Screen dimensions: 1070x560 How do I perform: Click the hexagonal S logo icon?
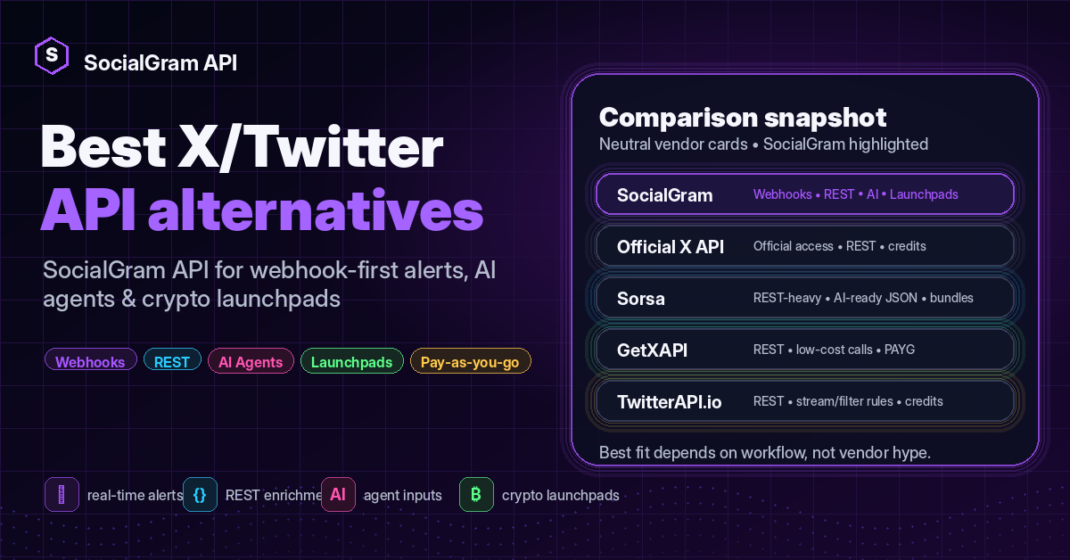pyautogui.click(x=52, y=55)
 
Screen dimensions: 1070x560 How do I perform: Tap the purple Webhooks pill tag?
pyautogui.click(x=91, y=360)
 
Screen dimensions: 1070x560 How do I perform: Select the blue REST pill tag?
pyautogui.click(x=172, y=360)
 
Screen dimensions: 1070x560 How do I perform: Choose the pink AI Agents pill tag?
pyautogui.click(x=251, y=360)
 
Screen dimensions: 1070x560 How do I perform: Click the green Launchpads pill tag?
pyautogui.click(x=352, y=360)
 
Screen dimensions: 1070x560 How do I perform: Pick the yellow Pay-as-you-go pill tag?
pyautogui.click(x=471, y=360)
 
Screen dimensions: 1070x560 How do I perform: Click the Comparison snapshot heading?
pyautogui.click(x=743, y=118)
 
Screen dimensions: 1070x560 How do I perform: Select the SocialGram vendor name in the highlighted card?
pyautogui.click(x=665, y=195)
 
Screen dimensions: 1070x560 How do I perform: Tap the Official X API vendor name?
pyautogui.click(x=671, y=246)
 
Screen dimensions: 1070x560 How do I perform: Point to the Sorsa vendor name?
pyautogui.click(x=641, y=299)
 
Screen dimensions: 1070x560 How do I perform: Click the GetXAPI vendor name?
pyautogui.click(x=653, y=350)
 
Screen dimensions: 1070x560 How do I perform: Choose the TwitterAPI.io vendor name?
pyautogui.click(x=670, y=402)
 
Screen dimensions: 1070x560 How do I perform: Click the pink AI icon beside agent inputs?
pyautogui.click(x=338, y=495)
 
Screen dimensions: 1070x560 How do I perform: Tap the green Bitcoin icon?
pyautogui.click(x=476, y=495)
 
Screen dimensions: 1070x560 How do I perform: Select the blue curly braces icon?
pyautogui.click(x=200, y=495)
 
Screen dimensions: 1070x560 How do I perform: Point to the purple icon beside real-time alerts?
pyautogui.click(x=62, y=495)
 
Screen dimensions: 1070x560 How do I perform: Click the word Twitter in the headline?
pyautogui.click(x=347, y=147)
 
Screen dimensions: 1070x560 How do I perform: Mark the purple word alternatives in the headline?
pyautogui.click(x=316, y=210)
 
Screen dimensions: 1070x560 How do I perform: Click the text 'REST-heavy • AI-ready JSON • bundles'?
pyautogui.click(x=863, y=298)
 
